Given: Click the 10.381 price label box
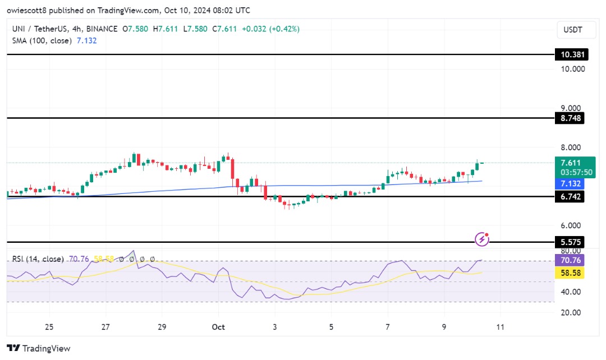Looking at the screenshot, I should (x=569, y=55).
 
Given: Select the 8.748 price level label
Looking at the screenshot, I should (x=569, y=118).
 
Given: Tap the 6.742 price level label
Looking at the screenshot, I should (x=569, y=197).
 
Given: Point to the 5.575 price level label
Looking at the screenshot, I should (x=569, y=242).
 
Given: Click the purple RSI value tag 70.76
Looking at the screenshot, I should (x=569, y=260).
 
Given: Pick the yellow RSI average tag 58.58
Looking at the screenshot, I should (x=569, y=273).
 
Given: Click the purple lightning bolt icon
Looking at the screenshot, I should (x=482, y=239).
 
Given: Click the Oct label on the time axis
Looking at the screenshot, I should (x=219, y=327).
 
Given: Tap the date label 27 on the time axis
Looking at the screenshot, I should (x=105, y=327).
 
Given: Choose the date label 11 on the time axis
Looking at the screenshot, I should (x=501, y=327).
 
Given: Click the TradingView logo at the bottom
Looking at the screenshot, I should (x=39, y=348).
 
